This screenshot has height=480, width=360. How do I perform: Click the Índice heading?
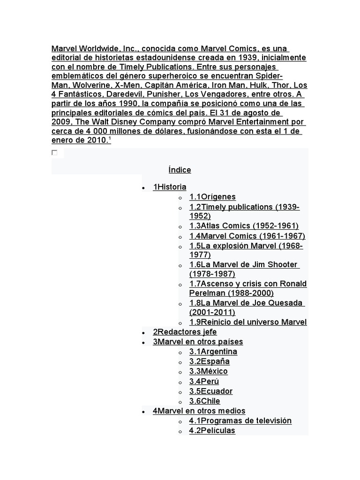(180, 170)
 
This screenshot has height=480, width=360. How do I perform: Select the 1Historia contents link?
(170, 187)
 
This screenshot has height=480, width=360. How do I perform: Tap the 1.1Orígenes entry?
(212, 197)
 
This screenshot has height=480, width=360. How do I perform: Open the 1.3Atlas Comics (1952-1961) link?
(244, 226)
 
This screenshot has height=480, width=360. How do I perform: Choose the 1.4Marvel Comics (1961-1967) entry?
(247, 236)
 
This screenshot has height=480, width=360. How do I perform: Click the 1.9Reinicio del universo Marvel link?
(248, 322)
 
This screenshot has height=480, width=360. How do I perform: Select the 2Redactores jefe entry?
(185, 332)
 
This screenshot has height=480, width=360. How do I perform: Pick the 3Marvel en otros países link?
(198, 342)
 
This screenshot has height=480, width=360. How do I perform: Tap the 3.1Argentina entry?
(213, 352)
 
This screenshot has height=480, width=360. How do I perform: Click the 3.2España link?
(210, 361)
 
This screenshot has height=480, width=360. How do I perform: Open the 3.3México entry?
(209, 371)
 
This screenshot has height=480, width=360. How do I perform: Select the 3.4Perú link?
(204, 382)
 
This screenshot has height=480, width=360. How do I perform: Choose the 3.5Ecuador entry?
(211, 391)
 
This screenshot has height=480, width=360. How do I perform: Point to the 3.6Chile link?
(205, 401)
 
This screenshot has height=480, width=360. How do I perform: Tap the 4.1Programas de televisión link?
(240, 421)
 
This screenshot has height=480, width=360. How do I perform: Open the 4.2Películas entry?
(212, 431)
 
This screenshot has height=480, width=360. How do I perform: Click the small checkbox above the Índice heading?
(55, 153)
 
